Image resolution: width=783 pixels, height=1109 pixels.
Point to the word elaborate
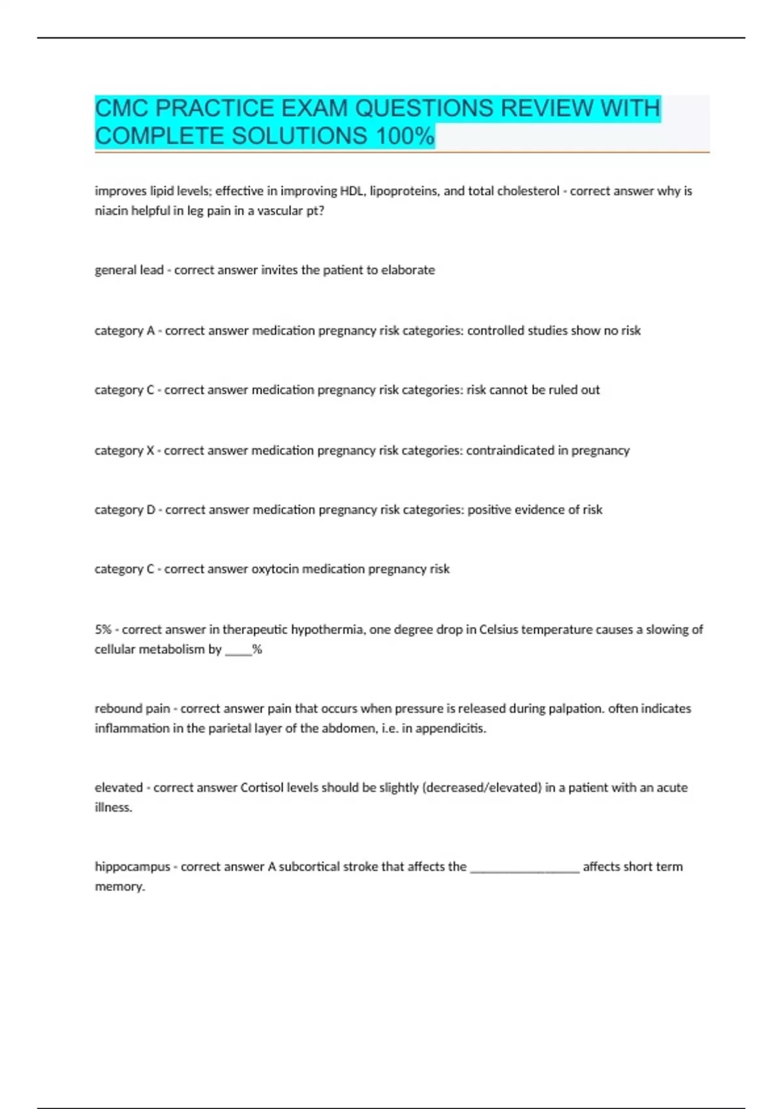click(408, 270)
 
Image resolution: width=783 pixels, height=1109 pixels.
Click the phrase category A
click(125, 331)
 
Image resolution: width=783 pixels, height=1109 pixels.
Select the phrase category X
click(125, 450)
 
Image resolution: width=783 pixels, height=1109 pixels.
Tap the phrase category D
click(125, 509)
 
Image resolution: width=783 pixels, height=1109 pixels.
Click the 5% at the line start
click(103, 630)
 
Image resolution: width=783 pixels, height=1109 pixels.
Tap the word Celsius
click(499, 630)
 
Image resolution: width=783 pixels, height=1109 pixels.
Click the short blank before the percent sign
click(238, 650)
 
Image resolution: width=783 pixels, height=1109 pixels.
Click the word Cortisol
click(262, 787)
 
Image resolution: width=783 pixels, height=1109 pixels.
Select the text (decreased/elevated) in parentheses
click(482, 787)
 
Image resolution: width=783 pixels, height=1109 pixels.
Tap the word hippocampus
click(132, 867)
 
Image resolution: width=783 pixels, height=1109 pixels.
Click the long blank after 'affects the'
click(525, 868)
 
